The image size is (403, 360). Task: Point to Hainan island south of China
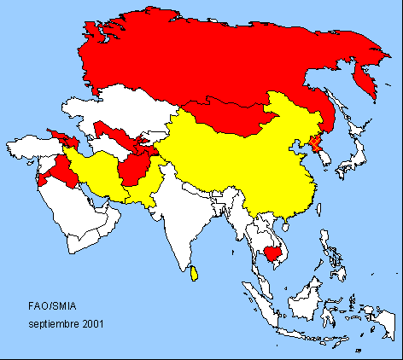point(282,224)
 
